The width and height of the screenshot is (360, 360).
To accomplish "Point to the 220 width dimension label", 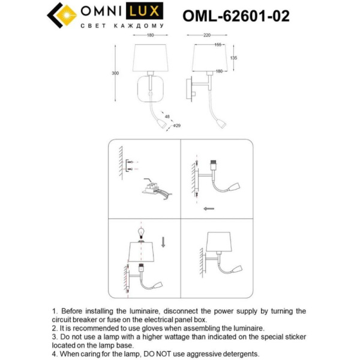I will click(x=207, y=35).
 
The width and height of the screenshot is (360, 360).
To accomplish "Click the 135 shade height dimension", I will click(x=234, y=58).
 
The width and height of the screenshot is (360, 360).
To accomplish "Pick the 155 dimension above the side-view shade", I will click(x=218, y=45).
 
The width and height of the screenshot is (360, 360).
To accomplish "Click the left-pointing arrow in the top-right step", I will click(x=209, y=209).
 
